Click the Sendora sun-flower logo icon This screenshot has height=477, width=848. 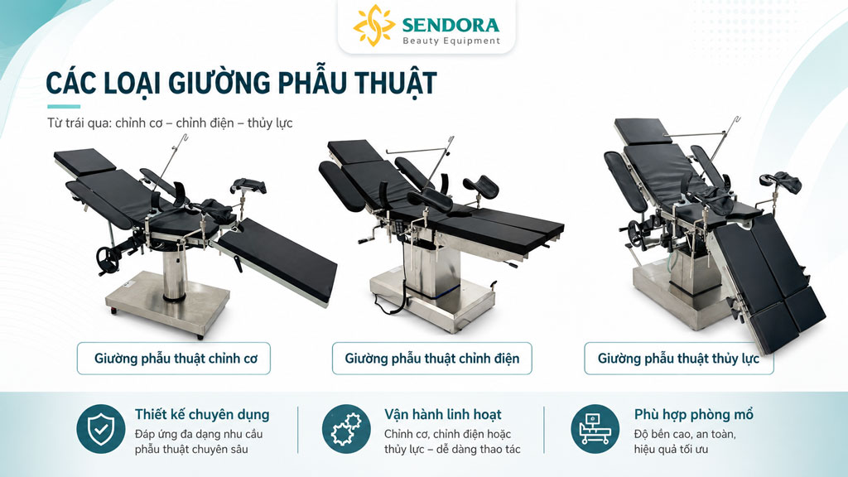[373, 25]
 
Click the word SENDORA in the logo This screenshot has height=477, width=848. [450, 25]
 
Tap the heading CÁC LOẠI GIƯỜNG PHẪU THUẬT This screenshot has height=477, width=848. [241, 83]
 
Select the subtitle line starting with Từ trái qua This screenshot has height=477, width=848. [170, 123]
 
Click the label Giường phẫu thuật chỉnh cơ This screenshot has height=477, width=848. [176, 358]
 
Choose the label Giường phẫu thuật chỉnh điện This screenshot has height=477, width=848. [432, 358]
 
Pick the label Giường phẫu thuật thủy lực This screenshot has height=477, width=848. [678, 358]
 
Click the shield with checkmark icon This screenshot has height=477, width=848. [100, 429]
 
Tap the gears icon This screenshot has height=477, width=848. [346, 429]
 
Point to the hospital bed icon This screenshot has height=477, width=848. [595, 429]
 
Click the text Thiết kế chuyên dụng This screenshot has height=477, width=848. [202, 414]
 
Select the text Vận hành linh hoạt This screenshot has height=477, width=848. [443, 414]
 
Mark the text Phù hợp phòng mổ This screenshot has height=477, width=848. [693, 414]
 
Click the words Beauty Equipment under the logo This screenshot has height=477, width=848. [451, 41]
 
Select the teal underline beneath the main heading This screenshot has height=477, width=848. [64, 107]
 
